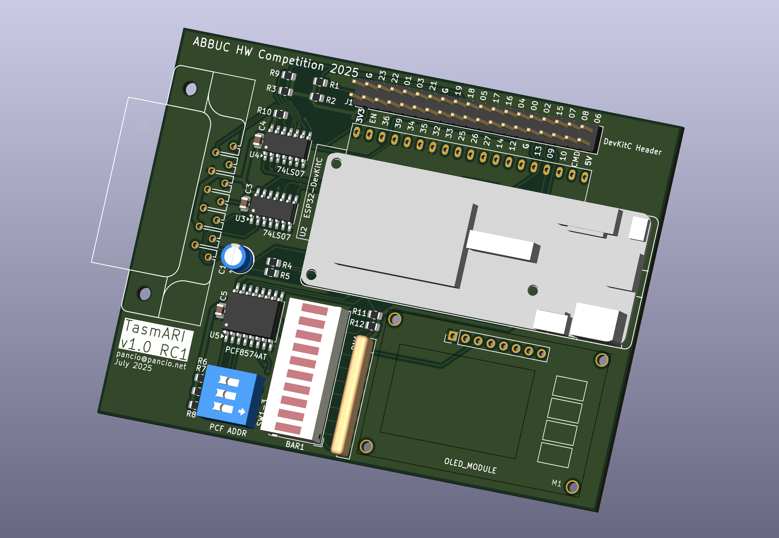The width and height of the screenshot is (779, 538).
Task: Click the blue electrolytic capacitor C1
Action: (236, 258)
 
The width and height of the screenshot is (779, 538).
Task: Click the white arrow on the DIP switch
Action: (242, 411)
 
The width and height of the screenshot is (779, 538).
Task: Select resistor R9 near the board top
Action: (288, 76)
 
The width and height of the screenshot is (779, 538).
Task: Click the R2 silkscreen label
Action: (331, 100)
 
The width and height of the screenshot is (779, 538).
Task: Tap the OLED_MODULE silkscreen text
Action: (470, 466)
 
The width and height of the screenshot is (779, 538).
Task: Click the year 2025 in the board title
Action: (344, 70)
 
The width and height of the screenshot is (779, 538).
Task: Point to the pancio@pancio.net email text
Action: (151, 360)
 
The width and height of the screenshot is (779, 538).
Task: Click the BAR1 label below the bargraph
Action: (294, 445)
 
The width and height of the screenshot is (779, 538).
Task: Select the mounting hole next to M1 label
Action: (572, 486)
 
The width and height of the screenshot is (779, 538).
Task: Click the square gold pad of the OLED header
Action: (452, 336)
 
